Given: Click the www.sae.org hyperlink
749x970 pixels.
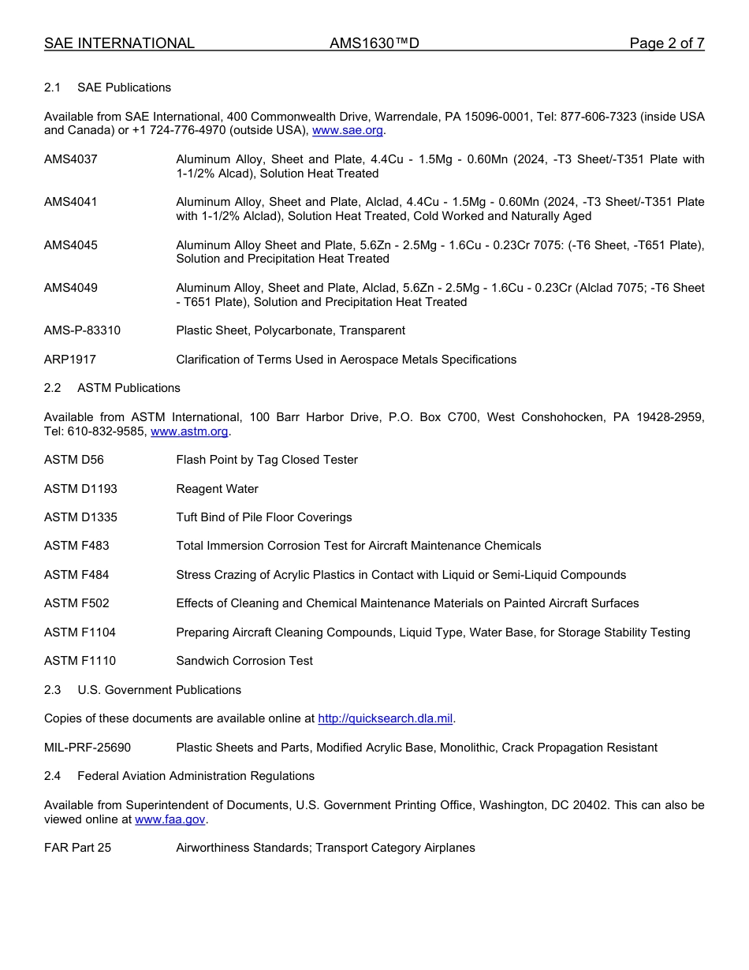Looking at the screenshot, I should click(348, 130).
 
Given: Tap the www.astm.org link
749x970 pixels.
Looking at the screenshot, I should click(189, 431).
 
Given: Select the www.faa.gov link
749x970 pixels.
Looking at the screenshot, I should click(170, 819).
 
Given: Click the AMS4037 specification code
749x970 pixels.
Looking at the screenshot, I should click(71, 159).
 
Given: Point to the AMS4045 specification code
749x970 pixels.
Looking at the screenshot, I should click(71, 245).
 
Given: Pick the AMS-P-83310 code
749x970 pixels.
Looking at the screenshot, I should click(82, 330).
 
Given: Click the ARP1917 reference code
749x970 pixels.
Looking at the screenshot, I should click(70, 360).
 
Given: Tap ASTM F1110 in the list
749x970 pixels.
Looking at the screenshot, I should click(80, 661).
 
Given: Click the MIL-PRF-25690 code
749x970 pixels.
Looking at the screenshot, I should click(88, 748).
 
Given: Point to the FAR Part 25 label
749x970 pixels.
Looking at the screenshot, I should click(77, 848).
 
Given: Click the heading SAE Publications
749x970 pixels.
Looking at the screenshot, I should click(124, 88).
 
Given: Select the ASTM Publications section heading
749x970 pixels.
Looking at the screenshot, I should click(129, 388).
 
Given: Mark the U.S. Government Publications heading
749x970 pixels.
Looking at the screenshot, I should click(159, 690).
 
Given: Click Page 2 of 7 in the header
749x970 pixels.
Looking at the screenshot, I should click(666, 43).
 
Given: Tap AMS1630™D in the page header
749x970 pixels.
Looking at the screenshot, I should click(374, 43).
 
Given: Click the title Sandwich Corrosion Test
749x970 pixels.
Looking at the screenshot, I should click(244, 661).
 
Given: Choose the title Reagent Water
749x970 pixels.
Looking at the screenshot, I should click(217, 489).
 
